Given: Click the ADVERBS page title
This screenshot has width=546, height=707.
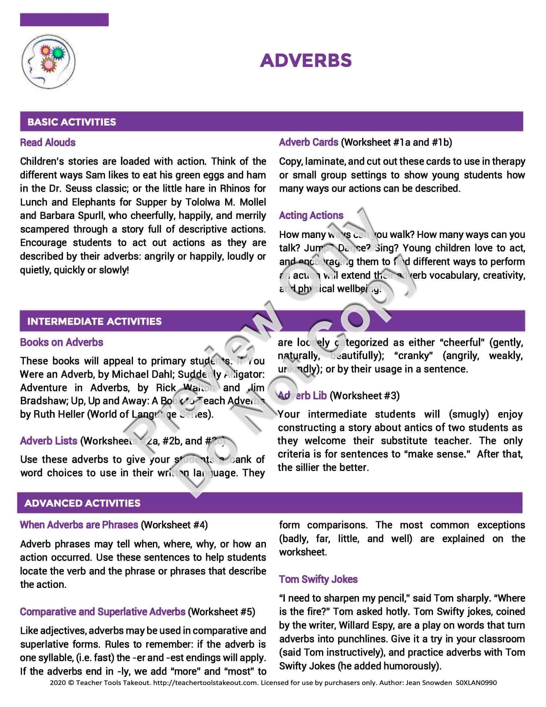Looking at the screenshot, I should point(306,60).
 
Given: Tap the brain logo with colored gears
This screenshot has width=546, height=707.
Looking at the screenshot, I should point(48,62).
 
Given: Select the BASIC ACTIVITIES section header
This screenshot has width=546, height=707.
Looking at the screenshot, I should point(71,122).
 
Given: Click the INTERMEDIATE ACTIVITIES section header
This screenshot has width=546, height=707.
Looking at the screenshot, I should point(94,321).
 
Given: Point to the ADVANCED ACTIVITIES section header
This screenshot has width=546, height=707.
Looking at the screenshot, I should point(82,503).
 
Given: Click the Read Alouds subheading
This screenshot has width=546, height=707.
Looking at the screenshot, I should point(48,143).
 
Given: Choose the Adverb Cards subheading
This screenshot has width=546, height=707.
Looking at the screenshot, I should point(309,142).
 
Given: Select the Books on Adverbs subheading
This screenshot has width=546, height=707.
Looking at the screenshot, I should point(62,342).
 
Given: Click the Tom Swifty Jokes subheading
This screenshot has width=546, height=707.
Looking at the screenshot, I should point(318,579).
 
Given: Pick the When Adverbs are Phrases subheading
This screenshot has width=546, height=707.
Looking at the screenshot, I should point(79,525).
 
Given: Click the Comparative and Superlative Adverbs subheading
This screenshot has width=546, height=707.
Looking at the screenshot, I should point(103,612).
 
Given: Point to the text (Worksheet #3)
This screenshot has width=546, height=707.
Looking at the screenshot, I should point(365,395).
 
